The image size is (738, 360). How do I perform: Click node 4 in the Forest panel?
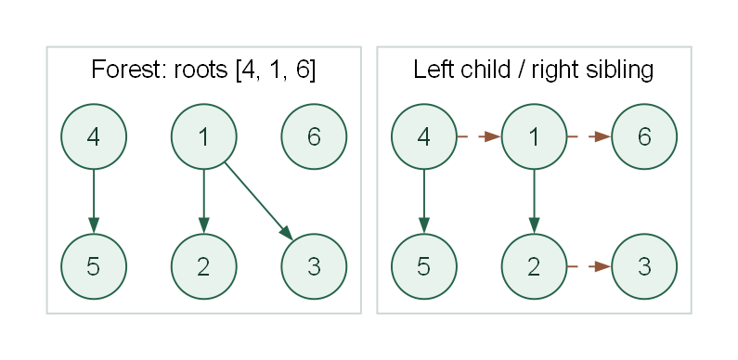tap(94, 136)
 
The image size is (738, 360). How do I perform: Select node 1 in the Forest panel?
tap(204, 136)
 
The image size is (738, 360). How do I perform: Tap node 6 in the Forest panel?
tap(314, 136)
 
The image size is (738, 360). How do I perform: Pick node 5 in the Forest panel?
tap(94, 266)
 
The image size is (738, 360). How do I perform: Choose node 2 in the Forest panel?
tap(204, 266)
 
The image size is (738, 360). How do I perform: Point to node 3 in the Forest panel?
tap(314, 266)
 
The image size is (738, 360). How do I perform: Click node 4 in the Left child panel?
tap(424, 136)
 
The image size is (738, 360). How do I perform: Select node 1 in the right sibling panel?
tap(534, 136)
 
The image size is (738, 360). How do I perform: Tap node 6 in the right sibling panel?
tap(644, 136)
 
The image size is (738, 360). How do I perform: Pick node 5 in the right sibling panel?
tap(424, 266)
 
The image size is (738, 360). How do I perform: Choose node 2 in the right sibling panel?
tap(534, 266)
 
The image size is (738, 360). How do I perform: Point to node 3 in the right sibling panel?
tap(644, 266)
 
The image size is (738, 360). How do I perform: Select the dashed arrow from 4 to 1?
tap(479, 136)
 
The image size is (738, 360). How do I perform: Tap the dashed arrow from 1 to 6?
tap(589, 136)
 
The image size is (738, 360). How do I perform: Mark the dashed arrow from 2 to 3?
tap(589, 266)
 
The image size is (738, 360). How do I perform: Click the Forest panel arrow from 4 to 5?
tap(94, 201)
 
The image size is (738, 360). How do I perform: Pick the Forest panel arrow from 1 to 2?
tap(204, 201)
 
